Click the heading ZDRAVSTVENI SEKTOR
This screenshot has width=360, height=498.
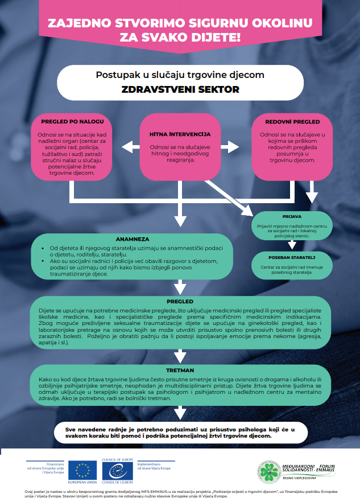pyautogui.click(x=180, y=90)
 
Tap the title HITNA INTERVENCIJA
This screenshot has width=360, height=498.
pyautogui.click(x=180, y=134)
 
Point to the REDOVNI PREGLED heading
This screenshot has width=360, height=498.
pyautogui.click(x=292, y=122)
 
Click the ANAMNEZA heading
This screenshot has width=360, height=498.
pyautogui.click(x=131, y=240)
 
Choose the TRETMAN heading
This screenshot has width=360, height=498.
pyautogui.click(x=180, y=369)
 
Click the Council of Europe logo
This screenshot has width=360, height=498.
pyautogui.click(x=115, y=470)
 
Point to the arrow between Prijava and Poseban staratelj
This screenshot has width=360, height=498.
pyautogui.click(x=291, y=245)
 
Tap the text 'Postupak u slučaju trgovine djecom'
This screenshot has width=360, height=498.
pyautogui.click(x=180, y=75)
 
